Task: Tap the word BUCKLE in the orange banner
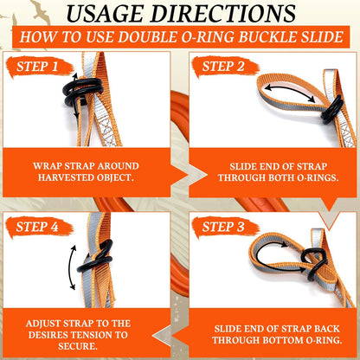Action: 263,39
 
